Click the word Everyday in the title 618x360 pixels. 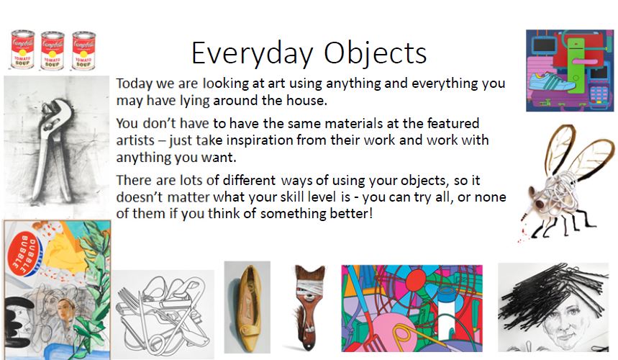253,53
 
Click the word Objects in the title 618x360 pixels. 376,53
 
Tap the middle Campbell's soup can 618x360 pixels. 52,51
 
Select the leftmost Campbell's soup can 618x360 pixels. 22,50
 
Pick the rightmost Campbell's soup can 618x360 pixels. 83,51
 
